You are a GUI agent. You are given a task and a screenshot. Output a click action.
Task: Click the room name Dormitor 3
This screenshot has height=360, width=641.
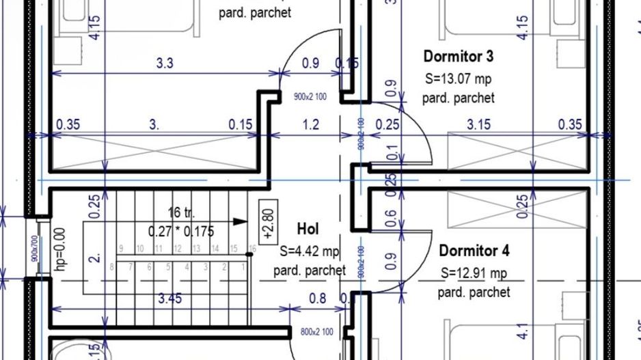coord(458,56)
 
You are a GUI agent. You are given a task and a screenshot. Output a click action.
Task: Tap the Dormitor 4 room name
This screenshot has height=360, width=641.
coord(474,250)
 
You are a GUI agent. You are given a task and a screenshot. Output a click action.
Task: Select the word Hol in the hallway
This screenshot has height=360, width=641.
coord(308,229)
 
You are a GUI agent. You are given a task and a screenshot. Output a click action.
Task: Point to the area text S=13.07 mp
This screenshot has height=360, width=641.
coord(457,78)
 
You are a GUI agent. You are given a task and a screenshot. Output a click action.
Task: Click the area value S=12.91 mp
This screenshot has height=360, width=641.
coord(474,273)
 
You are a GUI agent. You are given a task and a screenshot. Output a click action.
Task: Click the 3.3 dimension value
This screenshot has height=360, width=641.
coord(165,64)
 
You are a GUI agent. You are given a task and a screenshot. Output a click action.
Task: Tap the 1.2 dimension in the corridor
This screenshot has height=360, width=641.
coord(310,124)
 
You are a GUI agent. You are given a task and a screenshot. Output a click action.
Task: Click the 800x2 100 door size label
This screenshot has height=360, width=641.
coord(317,333)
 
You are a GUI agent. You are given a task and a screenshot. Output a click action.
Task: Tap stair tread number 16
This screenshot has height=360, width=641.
coord(252,248)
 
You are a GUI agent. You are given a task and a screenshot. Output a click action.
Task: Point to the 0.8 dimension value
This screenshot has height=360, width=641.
coord(318,298)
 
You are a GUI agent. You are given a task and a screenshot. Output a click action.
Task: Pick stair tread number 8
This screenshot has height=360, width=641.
coord(111,267)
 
